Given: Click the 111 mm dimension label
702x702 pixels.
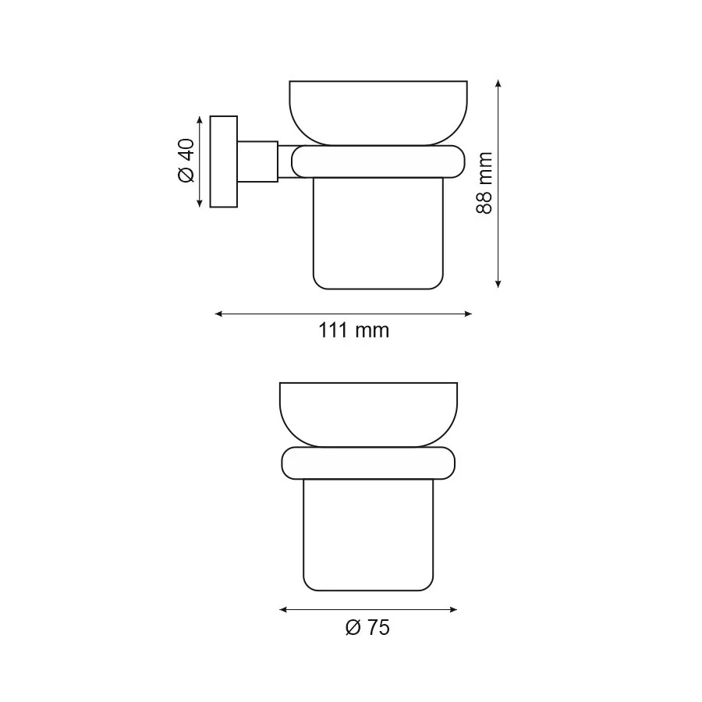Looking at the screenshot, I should [353, 330].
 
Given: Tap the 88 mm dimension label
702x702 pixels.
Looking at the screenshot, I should [484, 183].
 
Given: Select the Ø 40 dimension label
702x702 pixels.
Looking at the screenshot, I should [186, 161].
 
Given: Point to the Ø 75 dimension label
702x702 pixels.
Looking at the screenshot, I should [367, 626].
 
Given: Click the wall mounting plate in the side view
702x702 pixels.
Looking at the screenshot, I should [224, 161].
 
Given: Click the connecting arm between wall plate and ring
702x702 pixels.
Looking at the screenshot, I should [257, 161].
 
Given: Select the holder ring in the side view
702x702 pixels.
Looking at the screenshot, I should [378, 161].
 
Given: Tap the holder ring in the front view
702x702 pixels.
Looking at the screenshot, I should [367, 463].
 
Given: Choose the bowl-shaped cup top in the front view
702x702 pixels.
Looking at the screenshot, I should [367, 412].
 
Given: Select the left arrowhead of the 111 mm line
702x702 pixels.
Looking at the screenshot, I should [218, 314].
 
